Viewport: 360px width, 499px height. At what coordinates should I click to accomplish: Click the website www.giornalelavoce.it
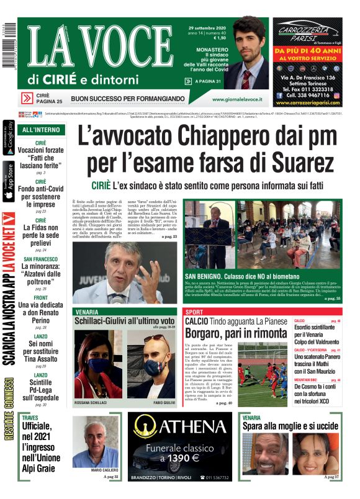coord(235,99)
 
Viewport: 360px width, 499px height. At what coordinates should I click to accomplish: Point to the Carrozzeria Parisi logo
coord(307,32)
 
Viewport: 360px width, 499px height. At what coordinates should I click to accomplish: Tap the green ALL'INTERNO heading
coord(41,130)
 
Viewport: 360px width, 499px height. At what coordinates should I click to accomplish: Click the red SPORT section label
coord(194,312)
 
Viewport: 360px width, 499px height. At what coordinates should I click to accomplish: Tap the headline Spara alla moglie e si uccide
coord(289,426)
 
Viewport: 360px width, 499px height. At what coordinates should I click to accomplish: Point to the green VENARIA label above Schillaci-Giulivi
coord(86,312)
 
